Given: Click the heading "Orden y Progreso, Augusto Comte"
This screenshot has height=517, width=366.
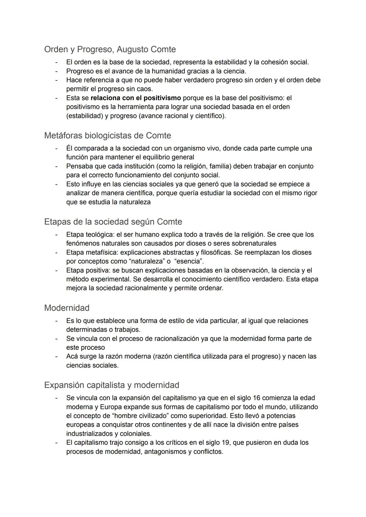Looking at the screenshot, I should (110, 49).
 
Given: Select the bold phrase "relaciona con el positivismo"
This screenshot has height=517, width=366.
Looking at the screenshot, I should (136, 98).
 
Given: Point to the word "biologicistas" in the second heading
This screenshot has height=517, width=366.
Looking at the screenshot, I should (104, 136).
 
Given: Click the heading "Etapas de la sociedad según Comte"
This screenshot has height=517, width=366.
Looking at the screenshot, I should (113, 222).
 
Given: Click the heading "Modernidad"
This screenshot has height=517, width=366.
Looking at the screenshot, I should (67, 308).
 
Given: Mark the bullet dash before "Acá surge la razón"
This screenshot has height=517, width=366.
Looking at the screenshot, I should (57, 357).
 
